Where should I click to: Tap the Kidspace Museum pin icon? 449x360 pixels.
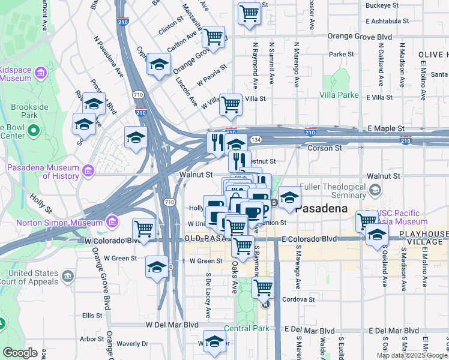coord(41,73)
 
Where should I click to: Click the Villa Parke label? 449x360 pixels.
coord(339,95)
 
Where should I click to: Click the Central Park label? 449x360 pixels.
coord(247,328)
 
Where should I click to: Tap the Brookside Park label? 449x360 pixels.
coord(29,110)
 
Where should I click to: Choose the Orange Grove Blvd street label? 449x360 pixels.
coord(360,37)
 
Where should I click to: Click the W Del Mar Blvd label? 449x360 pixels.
coord(172,325)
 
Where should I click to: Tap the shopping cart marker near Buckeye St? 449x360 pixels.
coord(249,13)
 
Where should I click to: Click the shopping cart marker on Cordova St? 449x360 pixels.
coord(263,288)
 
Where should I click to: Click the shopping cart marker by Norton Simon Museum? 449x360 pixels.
coord(144,229)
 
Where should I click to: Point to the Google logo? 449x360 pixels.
coord(20,353)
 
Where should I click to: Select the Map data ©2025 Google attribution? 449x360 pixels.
coord(412,355)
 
